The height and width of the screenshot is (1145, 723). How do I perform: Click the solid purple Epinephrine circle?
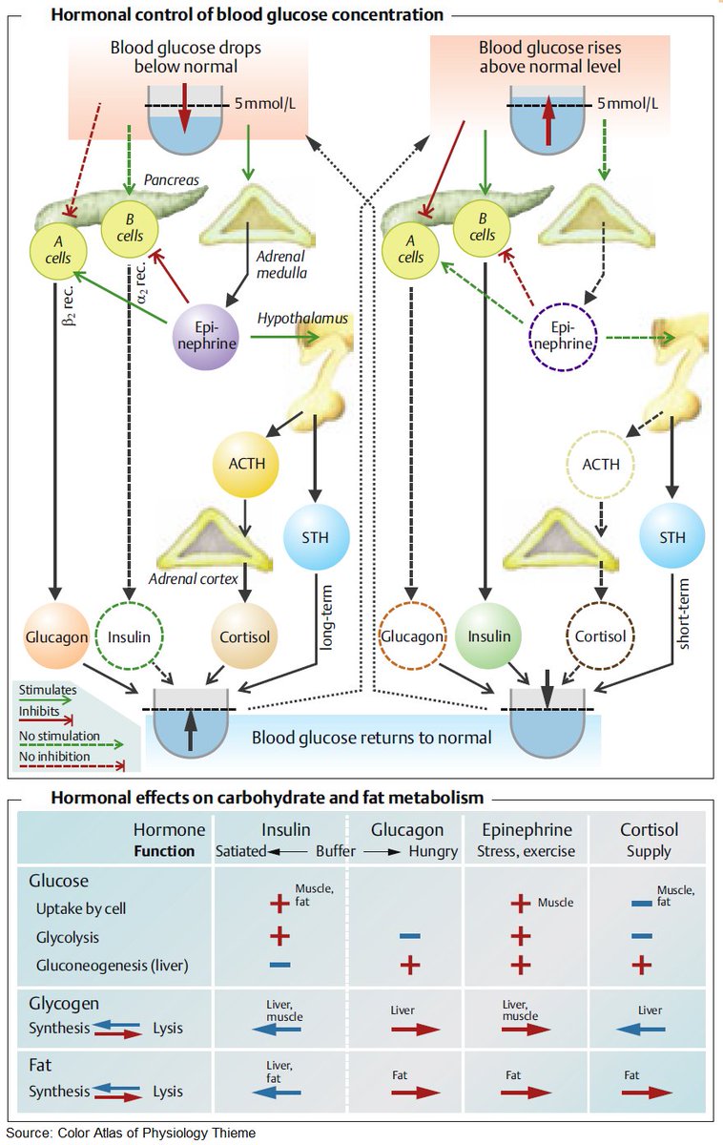pyautogui.click(x=205, y=337)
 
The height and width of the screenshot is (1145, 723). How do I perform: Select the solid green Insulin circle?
pyautogui.click(x=488, y=636)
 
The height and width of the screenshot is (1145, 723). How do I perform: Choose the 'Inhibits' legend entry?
pyautogui.click(x=40, y=711)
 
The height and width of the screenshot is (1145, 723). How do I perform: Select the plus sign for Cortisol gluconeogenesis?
pyautogui.click(x=641, y=965)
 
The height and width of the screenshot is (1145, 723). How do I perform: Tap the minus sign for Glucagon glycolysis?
pyautogui.click(x=409, y=937)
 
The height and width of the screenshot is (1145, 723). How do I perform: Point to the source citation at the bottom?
pyautogui.click(x=131, y=1133)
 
